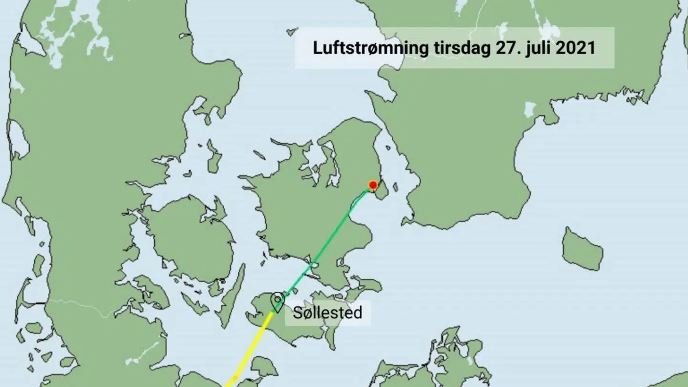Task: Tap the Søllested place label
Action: click(327, 313)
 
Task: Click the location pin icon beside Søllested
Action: click(277, 301)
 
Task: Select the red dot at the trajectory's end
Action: click(373, 185)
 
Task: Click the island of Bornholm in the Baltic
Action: click(582, 249)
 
